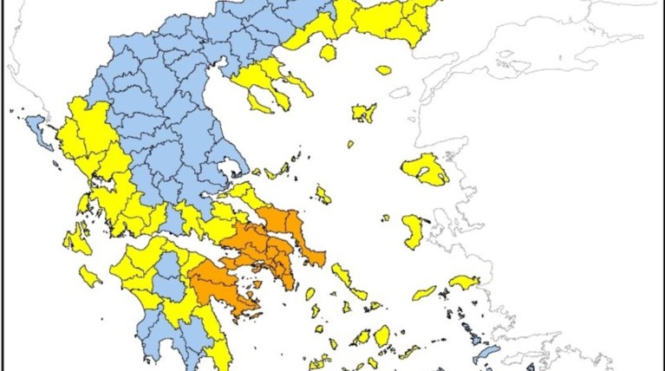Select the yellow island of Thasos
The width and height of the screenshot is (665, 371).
[327, 53]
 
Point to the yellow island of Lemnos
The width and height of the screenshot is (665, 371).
[363, 113]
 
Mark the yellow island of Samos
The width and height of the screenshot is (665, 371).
[464, 283]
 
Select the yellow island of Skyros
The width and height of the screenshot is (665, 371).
[323, 195]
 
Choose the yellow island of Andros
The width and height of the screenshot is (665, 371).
[342, 276]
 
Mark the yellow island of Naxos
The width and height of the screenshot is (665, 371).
[382, 335]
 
